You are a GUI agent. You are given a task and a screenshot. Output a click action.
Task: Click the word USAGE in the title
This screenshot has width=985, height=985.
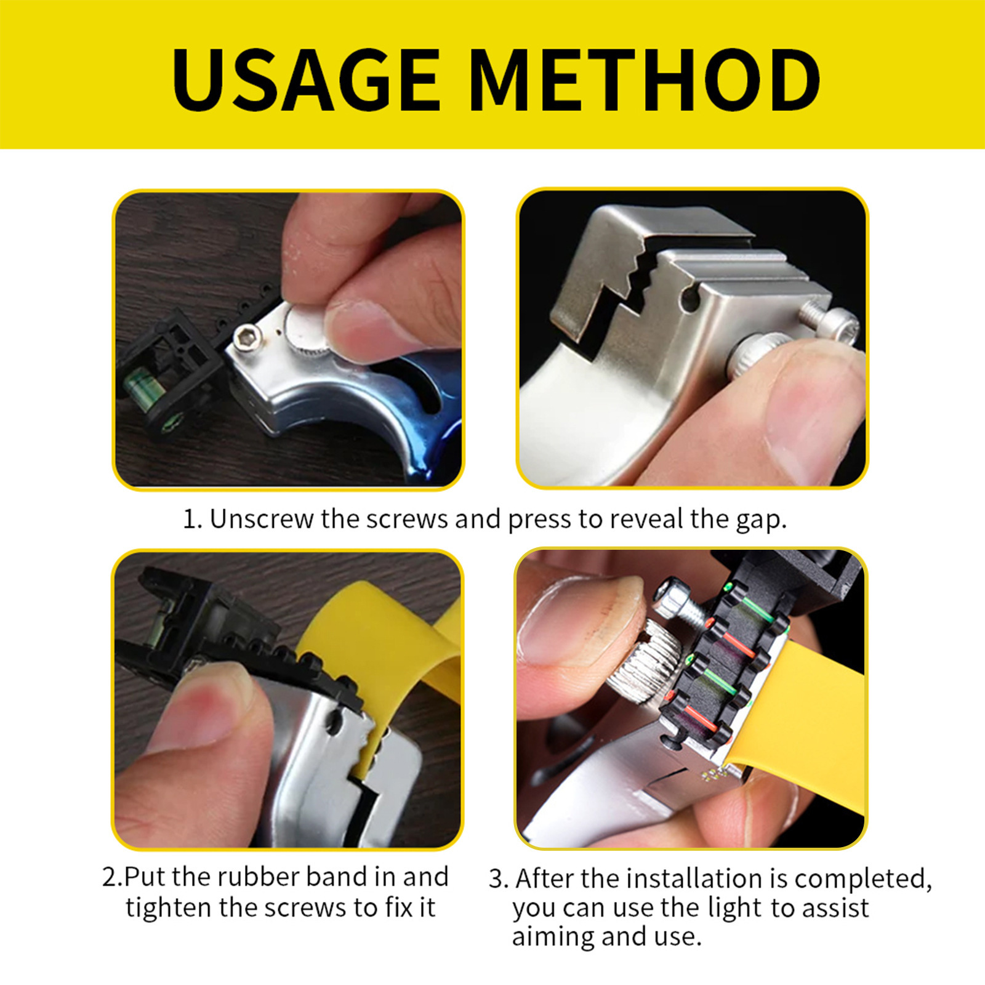[x=306, y=80]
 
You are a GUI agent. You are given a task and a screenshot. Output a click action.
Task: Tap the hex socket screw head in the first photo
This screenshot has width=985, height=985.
[x=248, y=338]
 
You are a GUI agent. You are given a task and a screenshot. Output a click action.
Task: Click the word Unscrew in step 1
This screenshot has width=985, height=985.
[x=261, y=519]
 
